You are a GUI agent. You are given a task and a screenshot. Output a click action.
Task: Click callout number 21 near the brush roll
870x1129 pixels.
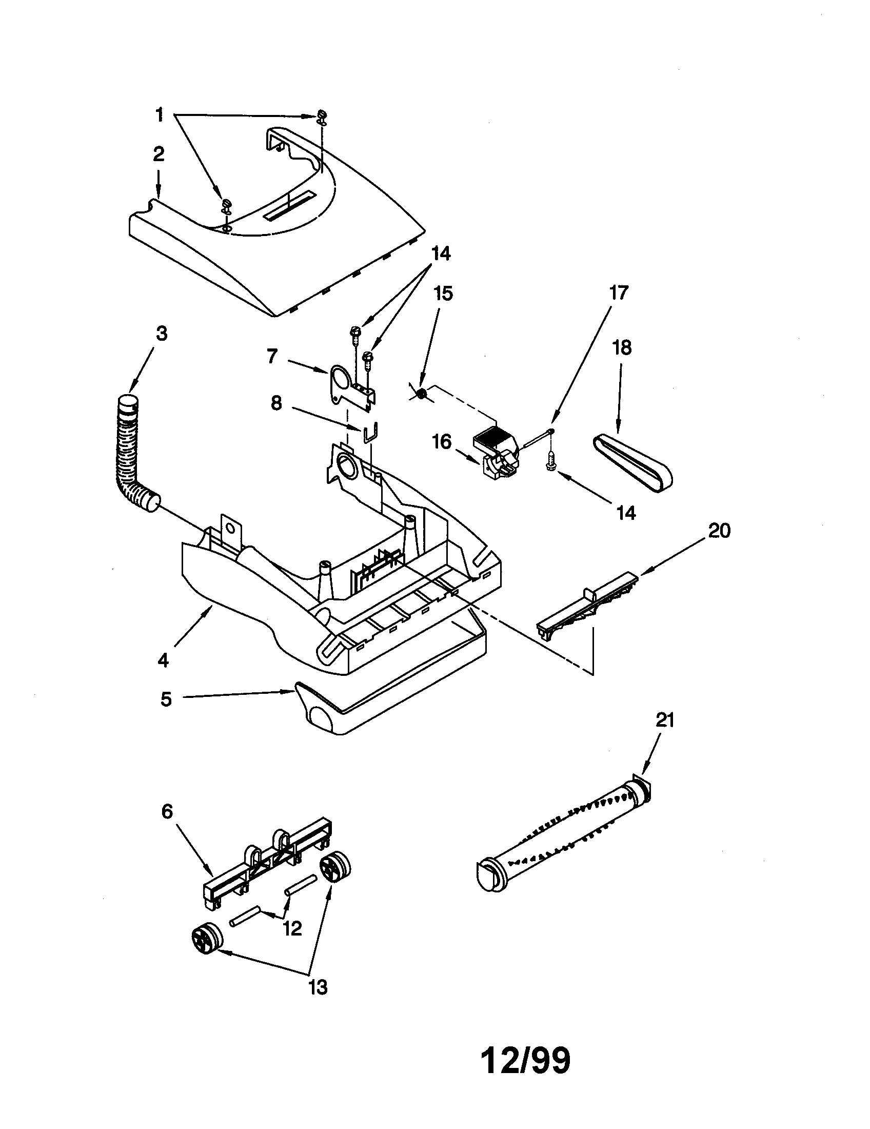pos(664,720)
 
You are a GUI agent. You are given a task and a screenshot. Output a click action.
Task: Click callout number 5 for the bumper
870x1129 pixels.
pos(166,699)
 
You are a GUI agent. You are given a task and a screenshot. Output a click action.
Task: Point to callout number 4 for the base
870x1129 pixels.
pos(163,660)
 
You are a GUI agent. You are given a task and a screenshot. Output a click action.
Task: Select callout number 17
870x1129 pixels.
pos(619,293)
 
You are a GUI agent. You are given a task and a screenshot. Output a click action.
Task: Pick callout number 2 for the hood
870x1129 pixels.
pos(159,154)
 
